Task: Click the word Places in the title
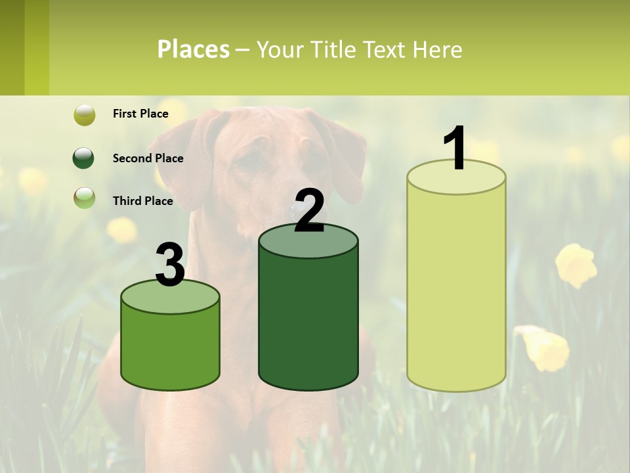[194, 49]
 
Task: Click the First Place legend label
[140, 114]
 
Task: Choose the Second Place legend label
[148, 158]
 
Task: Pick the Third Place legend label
[142, 201]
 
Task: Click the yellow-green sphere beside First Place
[84, 114]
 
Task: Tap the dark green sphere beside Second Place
[84, 158]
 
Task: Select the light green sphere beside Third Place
[84, 198]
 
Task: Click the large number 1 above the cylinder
[455, 149]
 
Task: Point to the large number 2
[309, 210]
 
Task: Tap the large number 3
[170, 265]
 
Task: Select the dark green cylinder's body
[308, 322]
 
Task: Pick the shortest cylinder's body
[170, 348]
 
